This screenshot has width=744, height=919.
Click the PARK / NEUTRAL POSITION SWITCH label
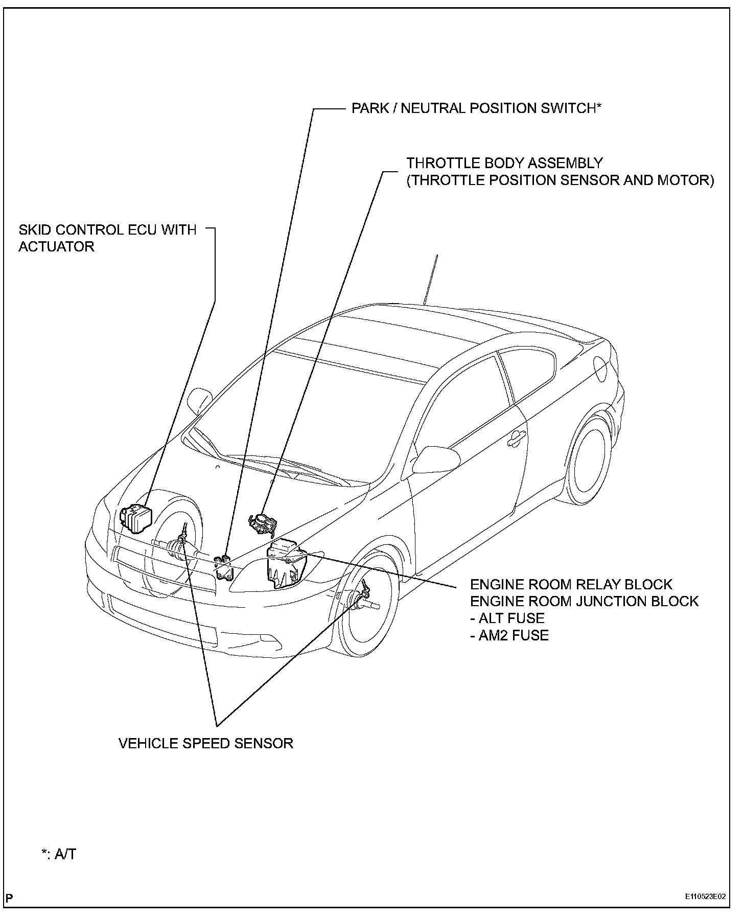point(476,108)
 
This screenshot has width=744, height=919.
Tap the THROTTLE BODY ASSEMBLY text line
point(505,163)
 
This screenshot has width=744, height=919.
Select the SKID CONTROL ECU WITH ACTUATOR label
point(107,238)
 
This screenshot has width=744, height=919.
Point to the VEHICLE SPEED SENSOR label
point(206,743)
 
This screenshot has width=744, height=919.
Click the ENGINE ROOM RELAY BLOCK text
point(571,584)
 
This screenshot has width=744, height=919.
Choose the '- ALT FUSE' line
point(507,618)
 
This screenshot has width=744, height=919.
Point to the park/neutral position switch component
point(224,567)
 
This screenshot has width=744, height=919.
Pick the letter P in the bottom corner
point(10,898)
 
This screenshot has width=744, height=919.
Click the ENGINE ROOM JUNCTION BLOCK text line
point(584,601)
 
